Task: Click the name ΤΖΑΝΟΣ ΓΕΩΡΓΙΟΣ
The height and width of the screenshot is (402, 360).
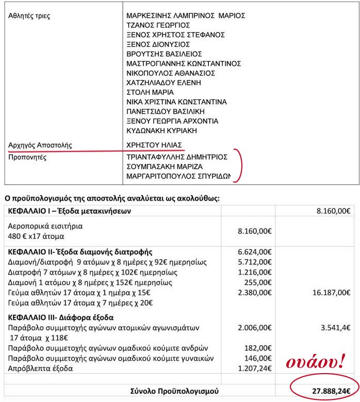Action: coord(158,25)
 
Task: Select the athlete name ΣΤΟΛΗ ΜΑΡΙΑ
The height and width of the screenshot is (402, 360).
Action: coord(150,92)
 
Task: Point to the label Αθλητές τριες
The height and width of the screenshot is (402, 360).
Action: coord(29,15)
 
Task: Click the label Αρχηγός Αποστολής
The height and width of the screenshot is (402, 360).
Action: coord(41,146)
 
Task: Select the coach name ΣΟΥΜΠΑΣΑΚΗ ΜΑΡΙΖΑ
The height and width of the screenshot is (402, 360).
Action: coord(165,167)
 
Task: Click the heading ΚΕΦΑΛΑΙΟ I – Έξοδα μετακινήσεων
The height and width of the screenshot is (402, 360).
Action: coord(71,211)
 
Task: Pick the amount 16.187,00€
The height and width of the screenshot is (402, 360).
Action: coord(332,292)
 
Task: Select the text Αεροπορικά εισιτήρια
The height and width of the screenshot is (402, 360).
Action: coord(45,226)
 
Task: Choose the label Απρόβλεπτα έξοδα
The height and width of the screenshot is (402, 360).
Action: coord(41,368)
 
